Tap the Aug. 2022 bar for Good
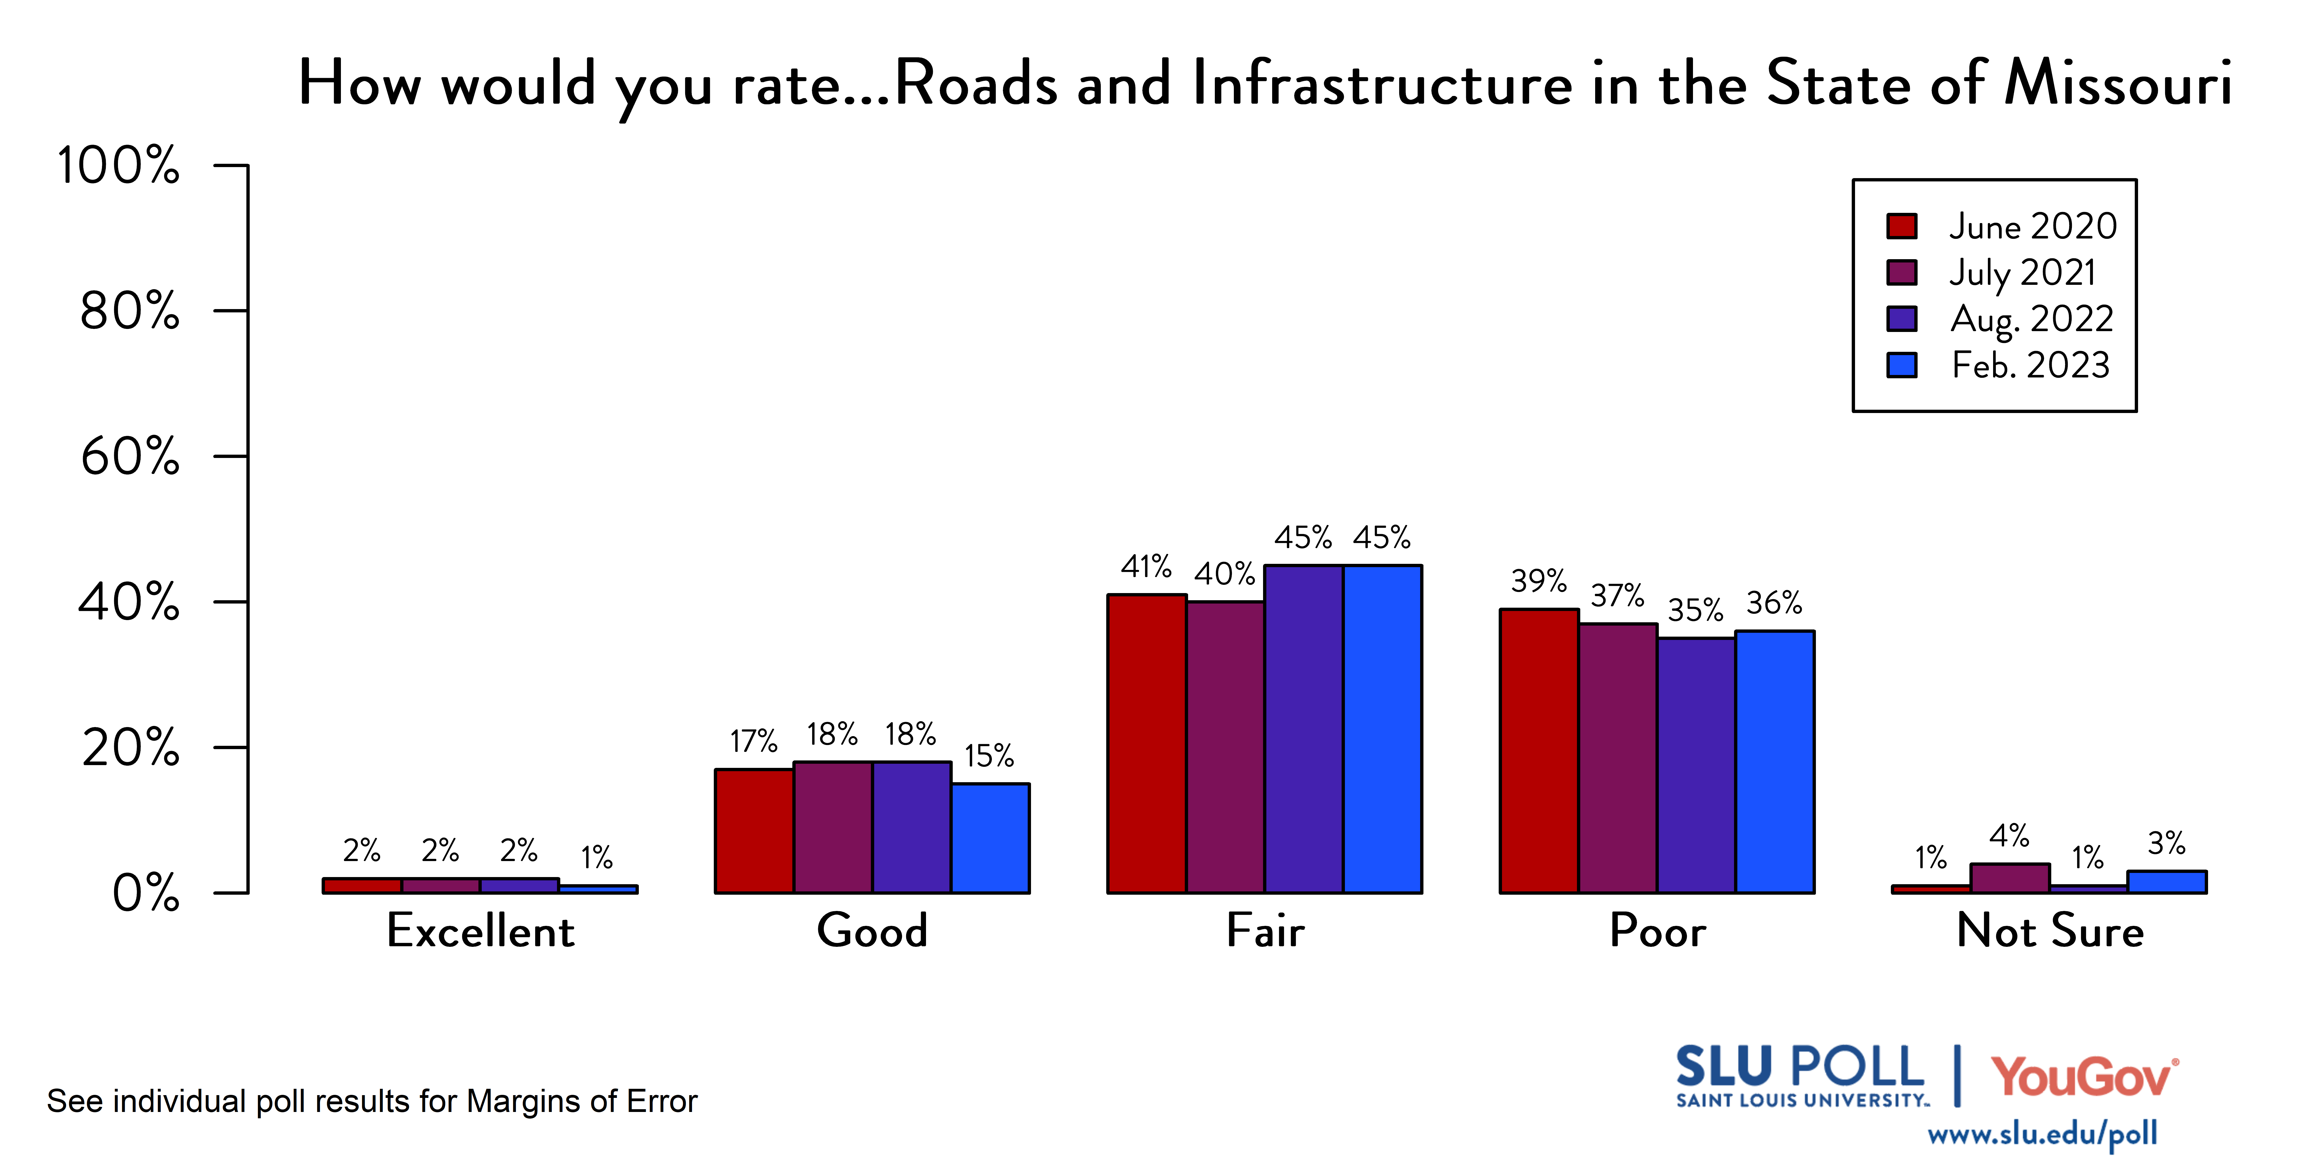coord(911,827)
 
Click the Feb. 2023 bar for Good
coord(990,838)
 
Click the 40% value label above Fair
coord(1224,573)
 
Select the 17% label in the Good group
coord(753,742)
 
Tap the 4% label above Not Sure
coord(2009,836)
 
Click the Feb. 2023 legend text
coord(2030,365)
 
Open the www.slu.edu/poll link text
coord(2042,1134)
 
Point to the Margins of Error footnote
coord(372,1101)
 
